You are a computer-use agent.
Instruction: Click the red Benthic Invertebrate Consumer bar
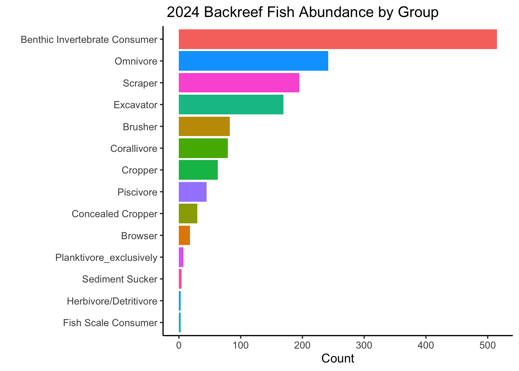pos(338,39)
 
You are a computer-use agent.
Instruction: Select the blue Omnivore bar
pos(253,61)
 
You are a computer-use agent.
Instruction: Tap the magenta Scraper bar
pos(239,83)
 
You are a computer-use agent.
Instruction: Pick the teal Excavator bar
pos(231,105)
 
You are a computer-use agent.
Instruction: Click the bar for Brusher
pos(204,126)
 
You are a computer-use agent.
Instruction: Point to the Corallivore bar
pos(203,148)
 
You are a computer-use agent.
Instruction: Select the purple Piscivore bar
pos(192,192)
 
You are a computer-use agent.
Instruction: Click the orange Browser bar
pos(184,235)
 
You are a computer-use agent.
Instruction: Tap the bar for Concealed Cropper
pos(188,214)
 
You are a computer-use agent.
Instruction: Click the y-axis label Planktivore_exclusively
pos(106,257)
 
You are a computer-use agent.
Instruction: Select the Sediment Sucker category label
pos(120,279)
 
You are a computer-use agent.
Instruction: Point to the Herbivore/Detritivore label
pos(112,301)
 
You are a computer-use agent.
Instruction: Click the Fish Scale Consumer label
pos(110,323)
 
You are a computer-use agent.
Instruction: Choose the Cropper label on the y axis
pos(139,170)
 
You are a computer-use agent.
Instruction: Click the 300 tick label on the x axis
pos(364,345)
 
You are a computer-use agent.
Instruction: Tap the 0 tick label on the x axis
pos(179,345)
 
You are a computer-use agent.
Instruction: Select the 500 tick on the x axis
pos(488,345)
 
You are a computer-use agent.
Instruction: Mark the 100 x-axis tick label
pos(241,345)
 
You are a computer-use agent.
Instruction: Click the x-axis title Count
pos(338,359)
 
